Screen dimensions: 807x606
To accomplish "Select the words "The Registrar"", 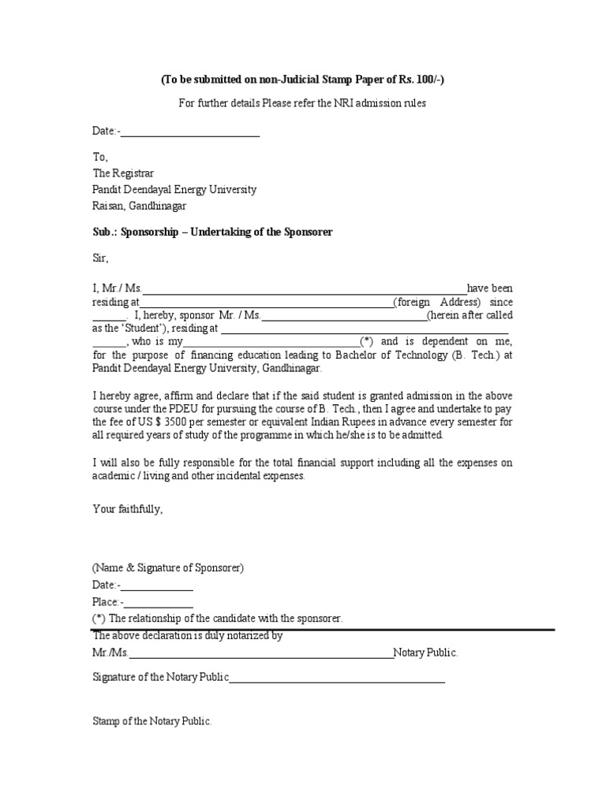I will [x=124, y=173].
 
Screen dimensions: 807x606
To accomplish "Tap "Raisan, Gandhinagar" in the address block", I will [x=140, y=206].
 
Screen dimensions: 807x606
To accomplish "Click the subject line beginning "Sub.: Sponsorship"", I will [x=212, y=232].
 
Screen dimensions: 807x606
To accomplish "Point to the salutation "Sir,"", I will [x=100, y=258].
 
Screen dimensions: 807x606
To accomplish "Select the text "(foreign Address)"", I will [x=437, y=302].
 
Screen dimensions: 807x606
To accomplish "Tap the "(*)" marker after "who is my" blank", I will [x=367, y=341].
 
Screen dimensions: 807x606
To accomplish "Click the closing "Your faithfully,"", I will [x=128, y=509].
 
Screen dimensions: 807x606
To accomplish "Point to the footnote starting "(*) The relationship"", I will [x=218, y=619].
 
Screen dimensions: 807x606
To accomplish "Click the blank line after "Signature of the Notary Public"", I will [x=337, y=678].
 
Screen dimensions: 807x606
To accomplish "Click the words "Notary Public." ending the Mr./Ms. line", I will [x=426, y=653].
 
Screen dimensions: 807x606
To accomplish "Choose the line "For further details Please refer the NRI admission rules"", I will [x=302, y=104].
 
